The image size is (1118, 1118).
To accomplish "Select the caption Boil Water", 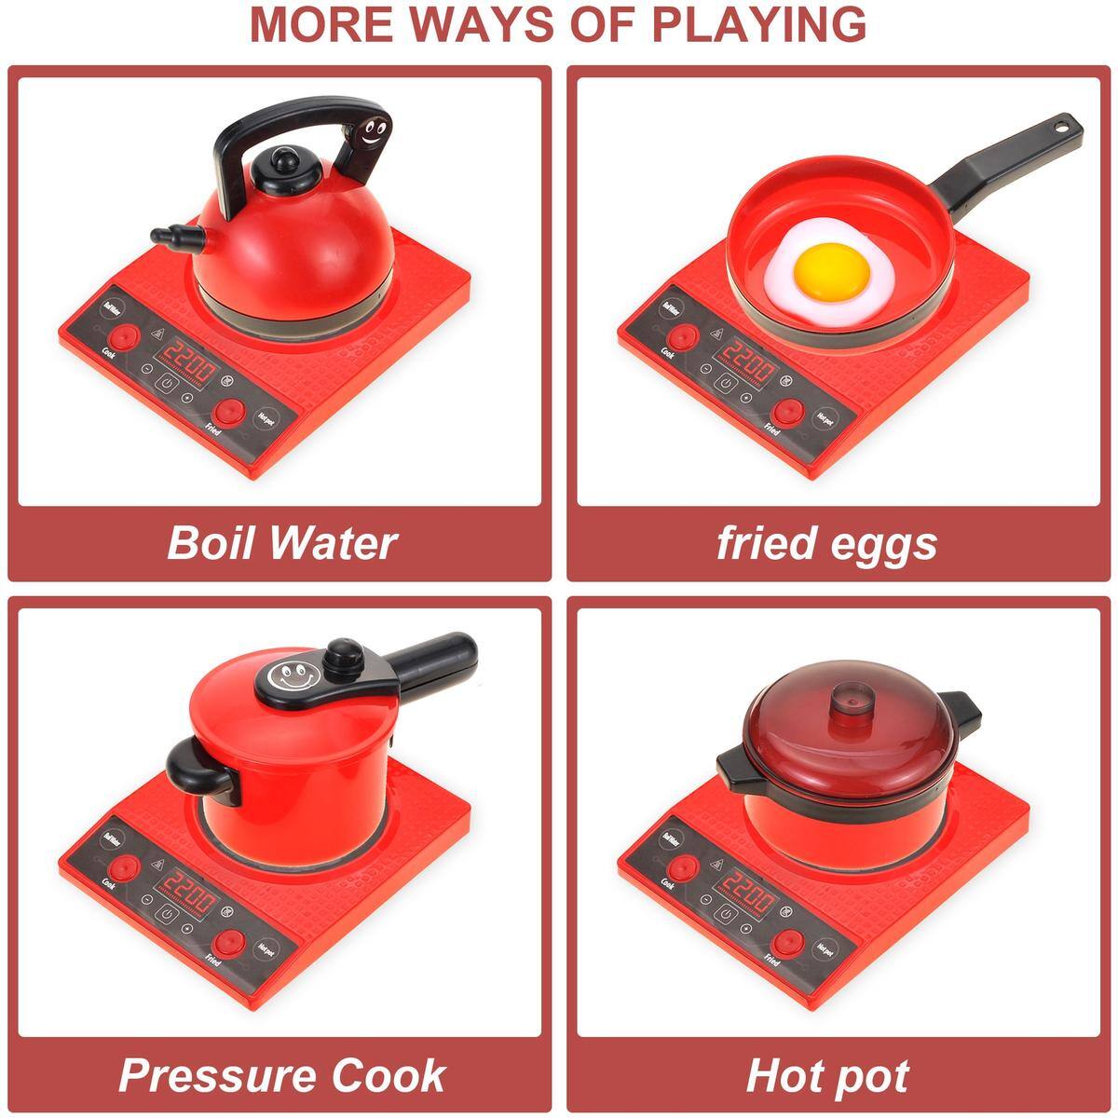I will (x=281, y=542).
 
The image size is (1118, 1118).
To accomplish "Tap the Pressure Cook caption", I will (x=281, y=1074).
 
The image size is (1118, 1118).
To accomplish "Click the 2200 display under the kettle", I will (x=188, y=355).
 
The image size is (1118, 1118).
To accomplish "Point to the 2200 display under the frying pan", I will (x=747, y=359).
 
